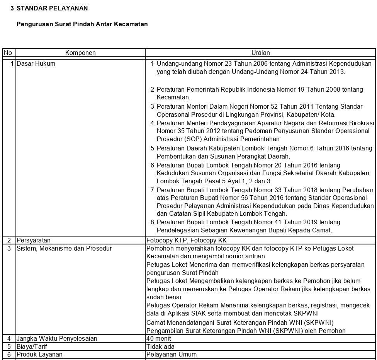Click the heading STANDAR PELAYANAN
(52, 8)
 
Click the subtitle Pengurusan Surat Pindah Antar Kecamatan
(82, 24)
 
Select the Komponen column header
(80, 53)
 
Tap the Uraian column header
(260, 53)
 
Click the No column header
(8, 53)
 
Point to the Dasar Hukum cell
(36, 63)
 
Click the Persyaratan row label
(34, 240)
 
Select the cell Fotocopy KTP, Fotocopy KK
(187, 240)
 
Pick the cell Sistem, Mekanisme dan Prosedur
(64, 248)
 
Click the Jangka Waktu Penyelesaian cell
(57, 338)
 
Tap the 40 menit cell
(158, 338)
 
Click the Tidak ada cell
(160, 346)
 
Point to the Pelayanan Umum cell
(172, 354)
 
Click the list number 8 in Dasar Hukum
(152, 222)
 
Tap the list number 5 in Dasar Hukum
(152, 148)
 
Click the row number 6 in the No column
(9, 354)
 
